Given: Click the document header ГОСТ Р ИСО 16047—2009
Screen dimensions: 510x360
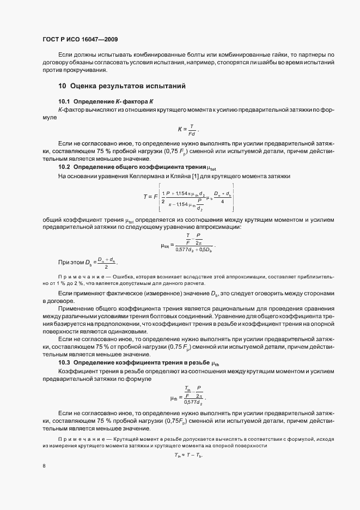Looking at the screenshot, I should coord(80,39).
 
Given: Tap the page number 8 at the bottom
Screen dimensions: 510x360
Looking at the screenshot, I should coord(44,466).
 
